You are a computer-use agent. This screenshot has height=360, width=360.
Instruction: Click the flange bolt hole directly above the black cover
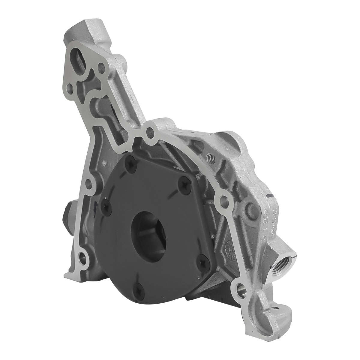click(x=148, y=131)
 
